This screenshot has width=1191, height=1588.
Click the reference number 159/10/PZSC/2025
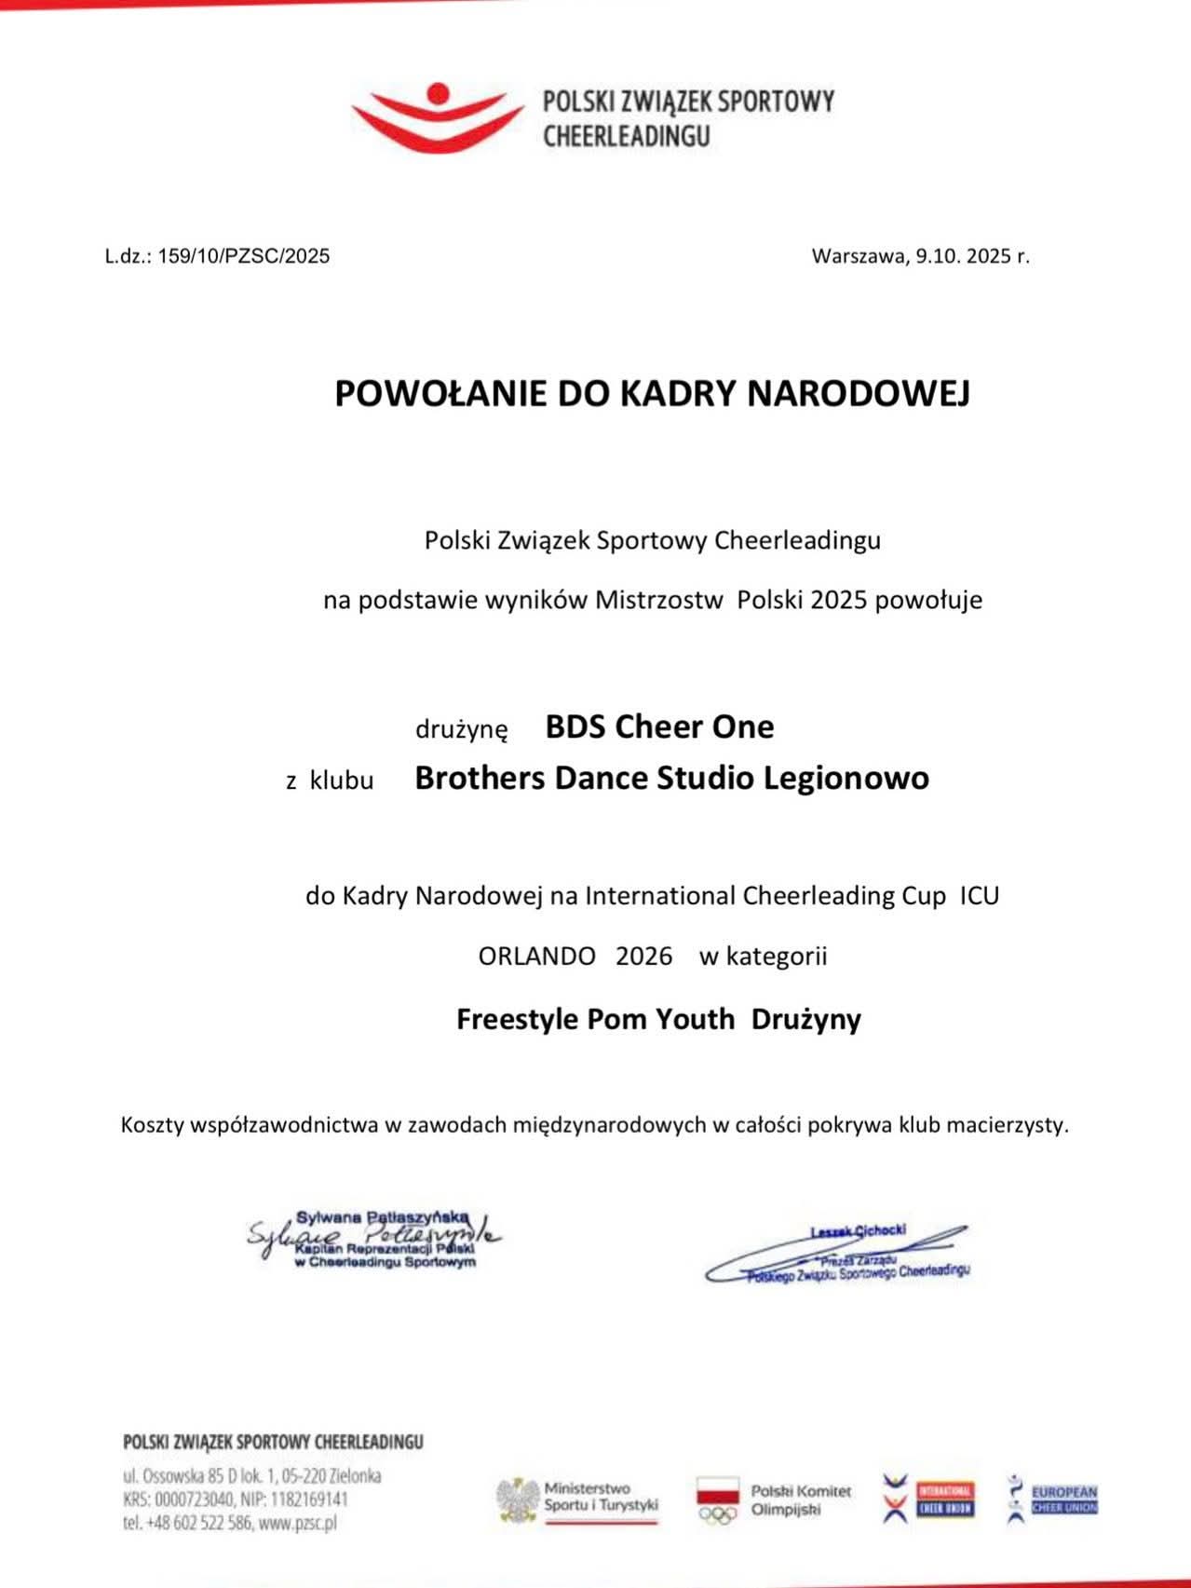244,256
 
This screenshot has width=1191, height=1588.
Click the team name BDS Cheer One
659,726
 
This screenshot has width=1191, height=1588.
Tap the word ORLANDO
536,957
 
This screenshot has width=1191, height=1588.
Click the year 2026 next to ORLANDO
643,957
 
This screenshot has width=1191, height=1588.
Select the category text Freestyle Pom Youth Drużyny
658,1019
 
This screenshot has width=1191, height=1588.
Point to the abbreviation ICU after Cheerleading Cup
979,896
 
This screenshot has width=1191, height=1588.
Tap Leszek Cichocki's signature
838,1254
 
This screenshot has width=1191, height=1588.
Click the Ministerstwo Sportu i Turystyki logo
577,1499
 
